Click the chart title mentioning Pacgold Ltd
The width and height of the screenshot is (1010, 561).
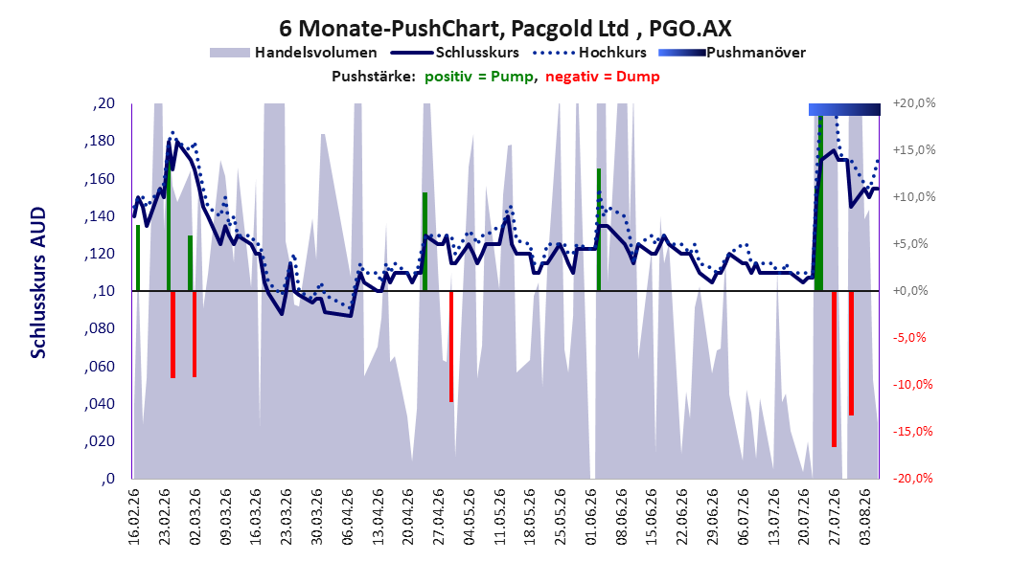click(x=505, y=29)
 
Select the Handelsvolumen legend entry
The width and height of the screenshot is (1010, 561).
click(x=294, y=53)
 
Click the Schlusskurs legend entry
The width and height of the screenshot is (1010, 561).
click(x=455, y=53)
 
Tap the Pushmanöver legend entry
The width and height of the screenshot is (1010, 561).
click(x=732, y=53)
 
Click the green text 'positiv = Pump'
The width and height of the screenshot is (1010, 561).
click(x=479, y=77)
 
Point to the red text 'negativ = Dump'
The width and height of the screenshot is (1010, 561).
click(x=603, y=77)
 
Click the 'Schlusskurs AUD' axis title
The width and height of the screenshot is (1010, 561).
click(x=38, y=282)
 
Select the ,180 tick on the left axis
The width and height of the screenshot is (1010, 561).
click(x=100, y=141)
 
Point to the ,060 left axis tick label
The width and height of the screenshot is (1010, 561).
click(x=100, y=366)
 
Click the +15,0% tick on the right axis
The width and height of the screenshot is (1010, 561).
click(x=914, y=150)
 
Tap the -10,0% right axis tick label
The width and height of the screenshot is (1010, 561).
click(x=912, y=385)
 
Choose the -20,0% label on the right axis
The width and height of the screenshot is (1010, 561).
click(x=912, y=478)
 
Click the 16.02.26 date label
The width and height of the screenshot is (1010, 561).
click(x=134, y=517)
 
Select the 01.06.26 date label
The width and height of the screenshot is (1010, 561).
click(x=590, y=517)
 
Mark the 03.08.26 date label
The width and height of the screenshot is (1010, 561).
click(x=865, y=517)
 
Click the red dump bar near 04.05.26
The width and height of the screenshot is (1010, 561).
click(x=451, y=347)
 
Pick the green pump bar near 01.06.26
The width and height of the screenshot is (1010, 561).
click(x=598, y=230)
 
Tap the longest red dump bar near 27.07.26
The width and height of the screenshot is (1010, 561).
click(x=834, y=370)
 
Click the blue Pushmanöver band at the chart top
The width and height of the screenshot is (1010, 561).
click(x=844, y=109)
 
